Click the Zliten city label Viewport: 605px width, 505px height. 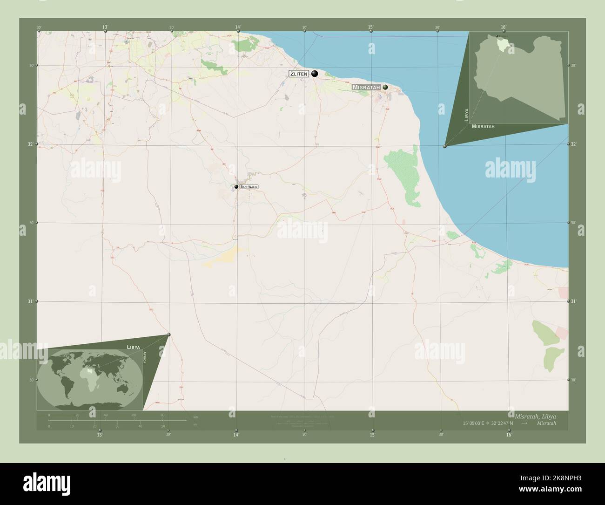point(299,74)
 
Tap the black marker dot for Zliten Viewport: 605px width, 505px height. point(315,73)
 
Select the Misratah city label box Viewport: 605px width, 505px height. point(366,87)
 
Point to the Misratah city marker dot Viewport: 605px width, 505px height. point(385,87)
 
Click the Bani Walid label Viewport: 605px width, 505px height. point(249,187)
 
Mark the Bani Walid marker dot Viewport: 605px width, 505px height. point(236,187)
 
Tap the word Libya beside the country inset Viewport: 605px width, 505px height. point(466,115)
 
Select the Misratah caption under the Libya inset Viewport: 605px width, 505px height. point(483,126)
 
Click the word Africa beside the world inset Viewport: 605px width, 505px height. point(144,360)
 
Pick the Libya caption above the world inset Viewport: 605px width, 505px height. point(134,347)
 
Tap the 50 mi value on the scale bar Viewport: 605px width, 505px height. point(163,426)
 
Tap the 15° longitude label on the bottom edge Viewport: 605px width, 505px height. point(372,435)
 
